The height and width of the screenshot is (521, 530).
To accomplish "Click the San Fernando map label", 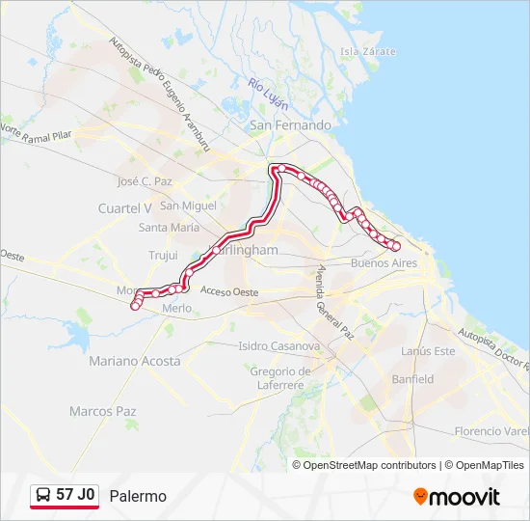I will pos(290,125).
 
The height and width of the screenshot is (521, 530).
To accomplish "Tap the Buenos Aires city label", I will pos(384,262).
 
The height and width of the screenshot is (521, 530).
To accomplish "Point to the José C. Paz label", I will pos(144,181).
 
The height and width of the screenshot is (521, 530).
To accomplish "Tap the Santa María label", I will pos(169,228).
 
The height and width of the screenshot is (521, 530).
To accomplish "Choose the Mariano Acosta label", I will pos(134,361).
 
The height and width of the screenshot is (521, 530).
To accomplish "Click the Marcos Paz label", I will pos(103,411).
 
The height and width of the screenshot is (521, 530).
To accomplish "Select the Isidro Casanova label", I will pos(278,345).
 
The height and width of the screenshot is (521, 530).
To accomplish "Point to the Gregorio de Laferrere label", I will pos(278,378).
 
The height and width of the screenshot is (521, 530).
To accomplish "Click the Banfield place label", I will pos(412,379).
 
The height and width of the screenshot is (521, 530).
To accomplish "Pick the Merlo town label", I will pos(177,308).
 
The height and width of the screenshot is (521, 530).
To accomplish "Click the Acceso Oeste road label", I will pos(230,290).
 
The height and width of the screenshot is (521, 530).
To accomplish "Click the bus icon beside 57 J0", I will pos(44,495).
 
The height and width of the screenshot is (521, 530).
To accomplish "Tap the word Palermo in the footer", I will pos(138,496).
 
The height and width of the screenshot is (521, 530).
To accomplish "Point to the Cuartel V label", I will pos(125,208).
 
